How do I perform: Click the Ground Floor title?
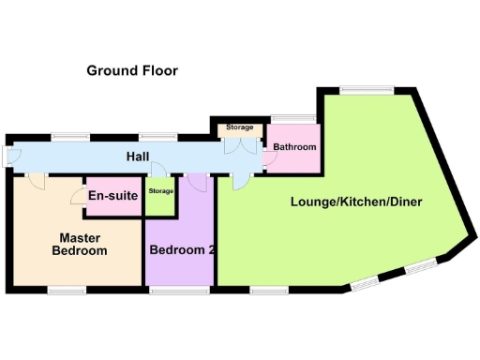pyautogui.click(x=132, y=70)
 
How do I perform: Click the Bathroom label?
pyautogui.click(x=294, y=147)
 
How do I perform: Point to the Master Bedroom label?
pyautogui.click(x=79, y=244)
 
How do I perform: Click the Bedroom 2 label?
pyautogui.click(x=183, y=250)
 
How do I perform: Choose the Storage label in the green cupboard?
pyautogui.click(x=161, y=191)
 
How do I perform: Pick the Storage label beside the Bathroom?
pyautogui.click(x=238, y=127)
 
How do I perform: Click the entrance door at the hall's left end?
pyautogui.click(x=8, y=157)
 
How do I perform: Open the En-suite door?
pyautogui.click(x=77, y=197)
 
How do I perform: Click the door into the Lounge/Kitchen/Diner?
pyautogui.click(x=240, y=181)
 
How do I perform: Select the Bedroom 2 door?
pyautogui.click(x=199, y=182)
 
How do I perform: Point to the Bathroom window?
pyautogui.click(x=285, y=119)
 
